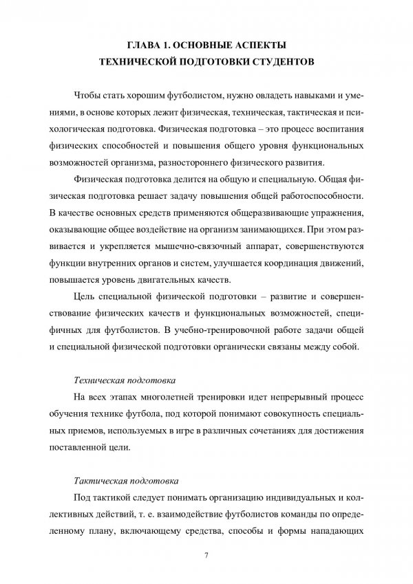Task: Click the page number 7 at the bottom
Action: click(x=206, y=555)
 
